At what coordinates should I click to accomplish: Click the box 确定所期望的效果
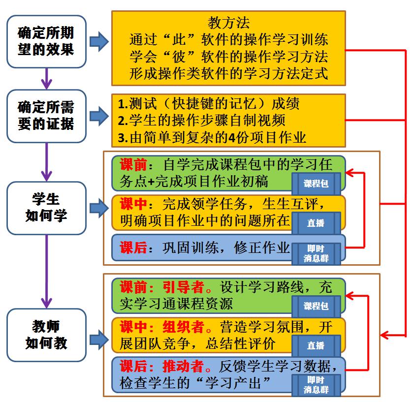coord(46,42)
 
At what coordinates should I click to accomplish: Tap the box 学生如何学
coord(46,207)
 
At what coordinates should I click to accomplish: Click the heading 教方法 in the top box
coord(228,23)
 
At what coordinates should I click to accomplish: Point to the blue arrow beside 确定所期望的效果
coord(100,42)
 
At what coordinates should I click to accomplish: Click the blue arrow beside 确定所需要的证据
coord(100,116)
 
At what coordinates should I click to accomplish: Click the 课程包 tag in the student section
coord(316,184)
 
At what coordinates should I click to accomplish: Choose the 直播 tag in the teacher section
coord(316,345)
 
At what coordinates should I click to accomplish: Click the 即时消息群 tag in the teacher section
coord(316,385)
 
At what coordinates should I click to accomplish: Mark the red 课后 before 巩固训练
coord(133,248)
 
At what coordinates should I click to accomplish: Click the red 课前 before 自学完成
coord(133,163)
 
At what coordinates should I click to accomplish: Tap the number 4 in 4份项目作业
coord(241,137)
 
